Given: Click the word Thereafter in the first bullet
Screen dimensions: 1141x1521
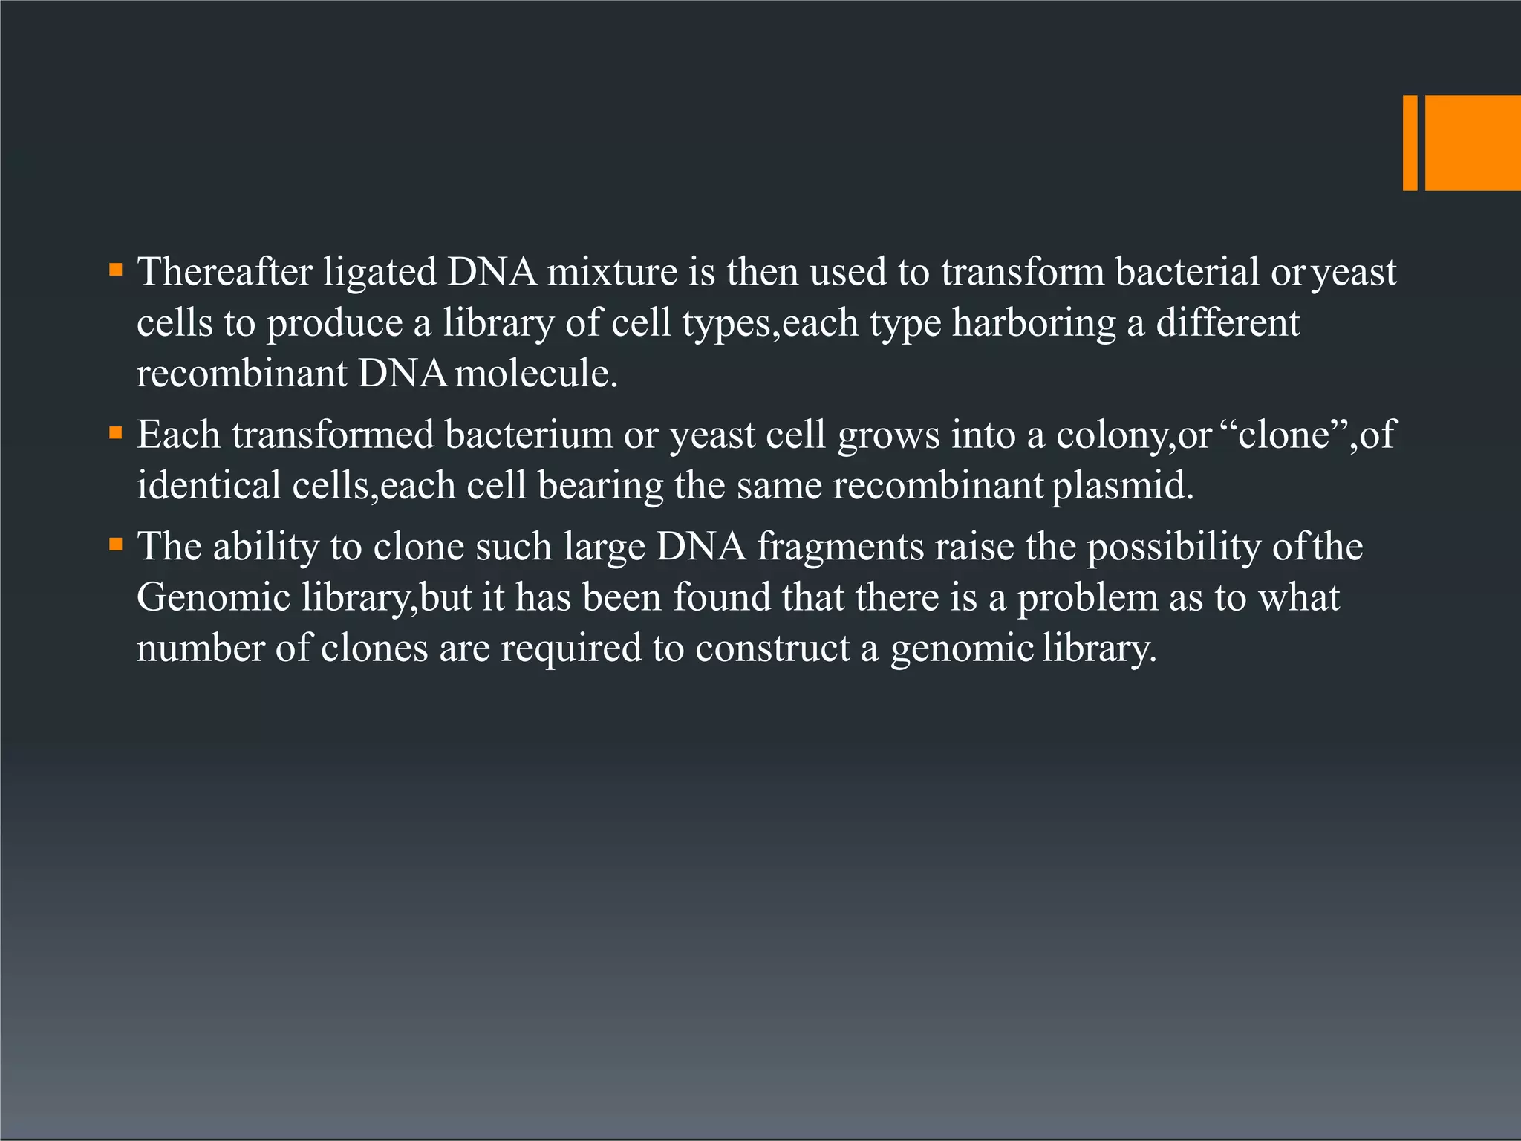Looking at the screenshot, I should click(x=224, y=272).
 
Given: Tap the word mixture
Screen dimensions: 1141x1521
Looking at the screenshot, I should click(x=613, y=272).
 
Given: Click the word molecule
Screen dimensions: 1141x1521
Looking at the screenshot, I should click(x=536, y=373).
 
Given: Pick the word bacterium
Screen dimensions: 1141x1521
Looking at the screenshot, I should click(x=529, y=435).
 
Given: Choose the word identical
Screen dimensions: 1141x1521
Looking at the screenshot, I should click(x=209, y=486).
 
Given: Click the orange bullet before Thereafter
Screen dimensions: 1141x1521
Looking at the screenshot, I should click(x=115, y=269).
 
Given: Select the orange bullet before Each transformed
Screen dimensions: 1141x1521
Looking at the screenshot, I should click(x=115, y=432).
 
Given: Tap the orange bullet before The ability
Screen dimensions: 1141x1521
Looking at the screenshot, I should click(x=115, y=545).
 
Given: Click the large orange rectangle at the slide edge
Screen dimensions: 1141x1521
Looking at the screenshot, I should click(x=1473, y=143).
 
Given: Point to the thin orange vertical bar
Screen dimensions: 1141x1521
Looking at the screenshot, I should click(x=1410, y=143).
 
